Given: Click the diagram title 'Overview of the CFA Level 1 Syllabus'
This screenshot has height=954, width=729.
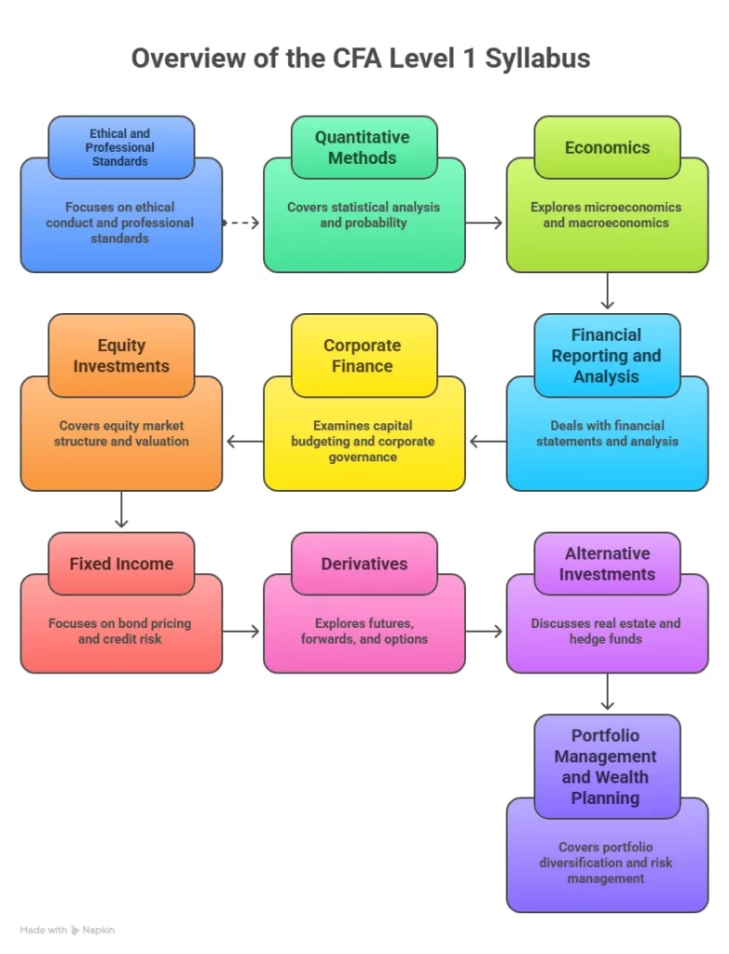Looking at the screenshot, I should point(360,58).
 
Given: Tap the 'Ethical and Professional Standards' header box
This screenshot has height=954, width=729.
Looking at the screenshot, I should point(120,147).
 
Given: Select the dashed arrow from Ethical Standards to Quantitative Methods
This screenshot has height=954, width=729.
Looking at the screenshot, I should point(241,223).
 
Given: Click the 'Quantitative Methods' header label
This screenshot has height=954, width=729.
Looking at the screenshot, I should point(363,147).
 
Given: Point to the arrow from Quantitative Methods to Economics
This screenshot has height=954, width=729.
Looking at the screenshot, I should point(485,223).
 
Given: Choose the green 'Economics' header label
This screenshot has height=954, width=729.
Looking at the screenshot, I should point(607,147).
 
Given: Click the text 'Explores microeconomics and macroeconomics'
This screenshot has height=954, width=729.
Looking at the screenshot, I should point(606,215).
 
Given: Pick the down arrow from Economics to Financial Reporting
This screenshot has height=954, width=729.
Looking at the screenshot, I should point(607,291).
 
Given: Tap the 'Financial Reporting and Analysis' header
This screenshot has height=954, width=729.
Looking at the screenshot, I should point(607,355).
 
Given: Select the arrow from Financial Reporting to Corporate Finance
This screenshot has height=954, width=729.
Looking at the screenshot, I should point(487,441).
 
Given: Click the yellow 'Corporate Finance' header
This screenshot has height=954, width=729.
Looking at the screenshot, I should point(363,355).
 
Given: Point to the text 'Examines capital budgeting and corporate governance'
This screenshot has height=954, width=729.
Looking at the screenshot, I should point(363,442).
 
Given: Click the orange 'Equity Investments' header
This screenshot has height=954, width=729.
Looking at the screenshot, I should point(121,355).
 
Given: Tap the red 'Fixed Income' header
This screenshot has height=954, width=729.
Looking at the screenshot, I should point(121,564).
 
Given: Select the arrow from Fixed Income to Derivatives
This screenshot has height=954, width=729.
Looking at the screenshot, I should point(242,632).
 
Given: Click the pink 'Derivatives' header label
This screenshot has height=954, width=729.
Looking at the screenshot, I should point(364,564).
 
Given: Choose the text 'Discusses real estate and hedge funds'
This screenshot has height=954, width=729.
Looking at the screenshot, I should point(606,631).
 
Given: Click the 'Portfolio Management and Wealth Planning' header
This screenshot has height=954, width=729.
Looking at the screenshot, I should point(606,766).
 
